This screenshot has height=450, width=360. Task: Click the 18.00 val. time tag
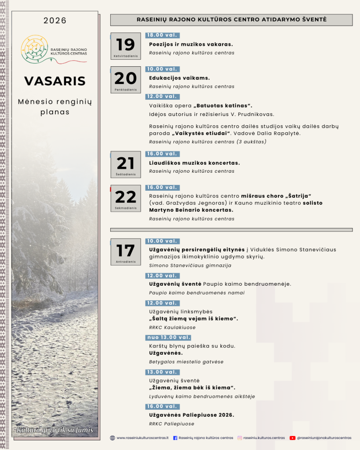(x=163, y=36)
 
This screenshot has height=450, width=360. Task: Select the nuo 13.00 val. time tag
(x=168, y=337)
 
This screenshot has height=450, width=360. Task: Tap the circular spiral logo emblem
(x=34, y=49)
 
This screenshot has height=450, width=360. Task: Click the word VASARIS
(x=55, y=81)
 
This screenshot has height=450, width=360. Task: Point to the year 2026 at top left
(x=55, y=21)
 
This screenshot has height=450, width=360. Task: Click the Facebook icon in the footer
(x=175, y=438)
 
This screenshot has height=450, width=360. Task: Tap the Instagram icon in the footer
(x=240, y=438)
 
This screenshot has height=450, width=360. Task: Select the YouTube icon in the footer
(x=293, y=438)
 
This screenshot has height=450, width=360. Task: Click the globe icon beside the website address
(x=113, y=438)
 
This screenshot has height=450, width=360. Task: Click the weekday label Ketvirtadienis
(x=125, y=56)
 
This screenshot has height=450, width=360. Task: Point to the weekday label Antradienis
(x=125, y=262)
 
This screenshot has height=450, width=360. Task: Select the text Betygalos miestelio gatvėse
(x=186, y=362)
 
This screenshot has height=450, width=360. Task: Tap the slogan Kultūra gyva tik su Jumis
(x=55, y=430)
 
